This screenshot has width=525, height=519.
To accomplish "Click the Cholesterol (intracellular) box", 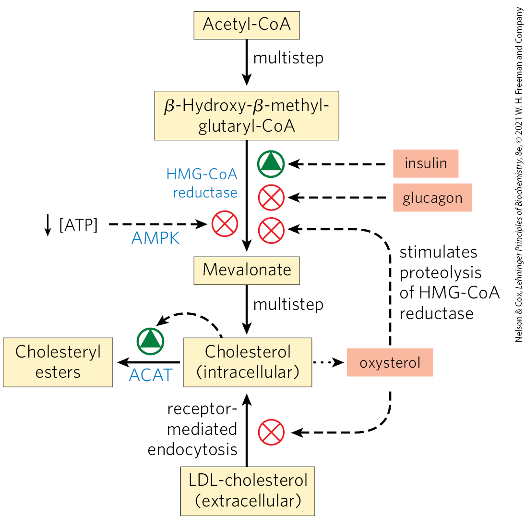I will coord(248,362).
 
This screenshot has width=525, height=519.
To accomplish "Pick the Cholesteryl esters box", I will coord(58,362).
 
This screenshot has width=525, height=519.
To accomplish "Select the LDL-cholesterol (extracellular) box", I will coord(248,491).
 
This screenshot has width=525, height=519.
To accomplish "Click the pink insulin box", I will coord(426,163).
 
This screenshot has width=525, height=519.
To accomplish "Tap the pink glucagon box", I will coord(432,198).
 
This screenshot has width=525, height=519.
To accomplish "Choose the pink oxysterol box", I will coord(390,362).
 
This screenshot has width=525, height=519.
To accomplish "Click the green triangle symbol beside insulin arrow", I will coord(271,164).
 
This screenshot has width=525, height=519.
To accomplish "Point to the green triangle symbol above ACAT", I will coord(151,339).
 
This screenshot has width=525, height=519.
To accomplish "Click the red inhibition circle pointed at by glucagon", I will coord(271,198).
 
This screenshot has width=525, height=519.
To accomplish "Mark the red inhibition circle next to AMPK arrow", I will coord(225,224).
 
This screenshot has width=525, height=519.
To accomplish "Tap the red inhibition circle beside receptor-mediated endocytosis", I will coord(271,432).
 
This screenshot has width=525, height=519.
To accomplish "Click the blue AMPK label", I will coord(155,238).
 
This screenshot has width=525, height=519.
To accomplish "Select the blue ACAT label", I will coord(150,375).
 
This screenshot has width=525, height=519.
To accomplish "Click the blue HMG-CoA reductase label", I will coord(202,183).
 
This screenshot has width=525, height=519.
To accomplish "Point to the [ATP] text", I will coord(78,224).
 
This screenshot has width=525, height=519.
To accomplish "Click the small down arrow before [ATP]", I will coord(48,224).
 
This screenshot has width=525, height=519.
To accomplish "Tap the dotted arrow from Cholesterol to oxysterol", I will coord(328,362).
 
